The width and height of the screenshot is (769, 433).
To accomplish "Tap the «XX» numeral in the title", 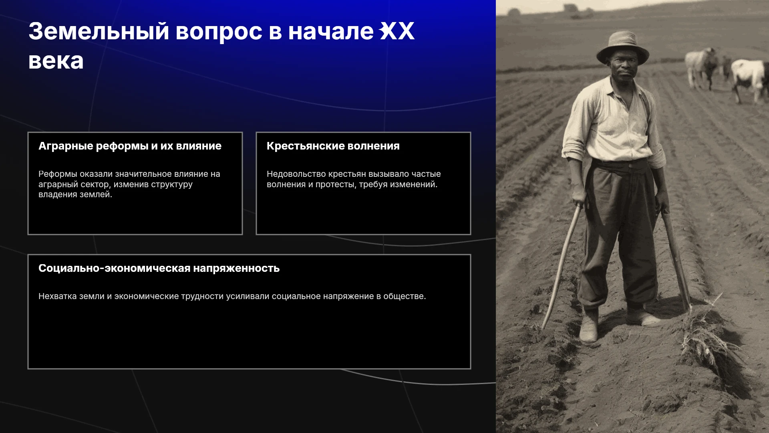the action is (397, 31).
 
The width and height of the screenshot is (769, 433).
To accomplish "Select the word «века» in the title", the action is (56, 61).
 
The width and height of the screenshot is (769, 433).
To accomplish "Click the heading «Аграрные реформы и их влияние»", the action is (130, 146).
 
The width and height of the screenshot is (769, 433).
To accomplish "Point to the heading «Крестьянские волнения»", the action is (333, 146).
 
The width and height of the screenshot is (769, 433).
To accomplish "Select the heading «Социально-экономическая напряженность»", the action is (159, 268).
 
